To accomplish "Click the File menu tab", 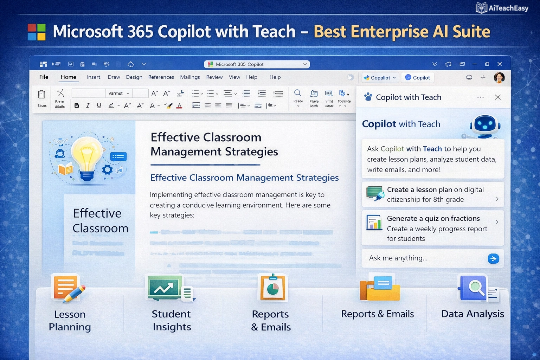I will (x=44, y=77).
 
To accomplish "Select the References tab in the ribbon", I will (x=161, y=77).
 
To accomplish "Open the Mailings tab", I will (x=190, y=77).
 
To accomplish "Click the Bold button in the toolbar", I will (x=77, y=105).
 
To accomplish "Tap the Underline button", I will (x=99, y=105).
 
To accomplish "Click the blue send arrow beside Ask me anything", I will (x=493, y=259).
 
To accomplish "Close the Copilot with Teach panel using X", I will (x=497, y=97).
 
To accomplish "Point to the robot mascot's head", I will (x=485, y=124).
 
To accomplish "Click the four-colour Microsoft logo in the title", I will (x=37, y=32).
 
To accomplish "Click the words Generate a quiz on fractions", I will (x=433, y=219).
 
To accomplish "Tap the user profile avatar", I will (x=499, y=77).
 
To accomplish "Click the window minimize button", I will (x=475, y=64).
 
